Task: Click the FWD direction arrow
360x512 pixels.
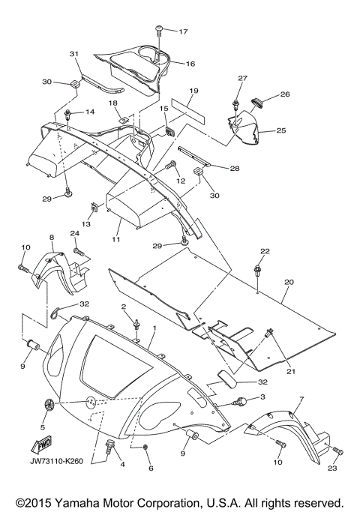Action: [40, 445]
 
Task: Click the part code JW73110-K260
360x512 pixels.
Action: [57, 461]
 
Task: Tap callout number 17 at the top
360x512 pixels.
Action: [183, 31]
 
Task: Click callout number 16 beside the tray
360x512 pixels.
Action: [190, 64]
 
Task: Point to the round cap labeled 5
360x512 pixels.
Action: [49, 405]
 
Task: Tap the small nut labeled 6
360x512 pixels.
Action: [145, 447]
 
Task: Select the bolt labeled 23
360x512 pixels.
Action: [337, 451]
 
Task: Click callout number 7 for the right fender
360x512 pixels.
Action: [301, 399]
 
